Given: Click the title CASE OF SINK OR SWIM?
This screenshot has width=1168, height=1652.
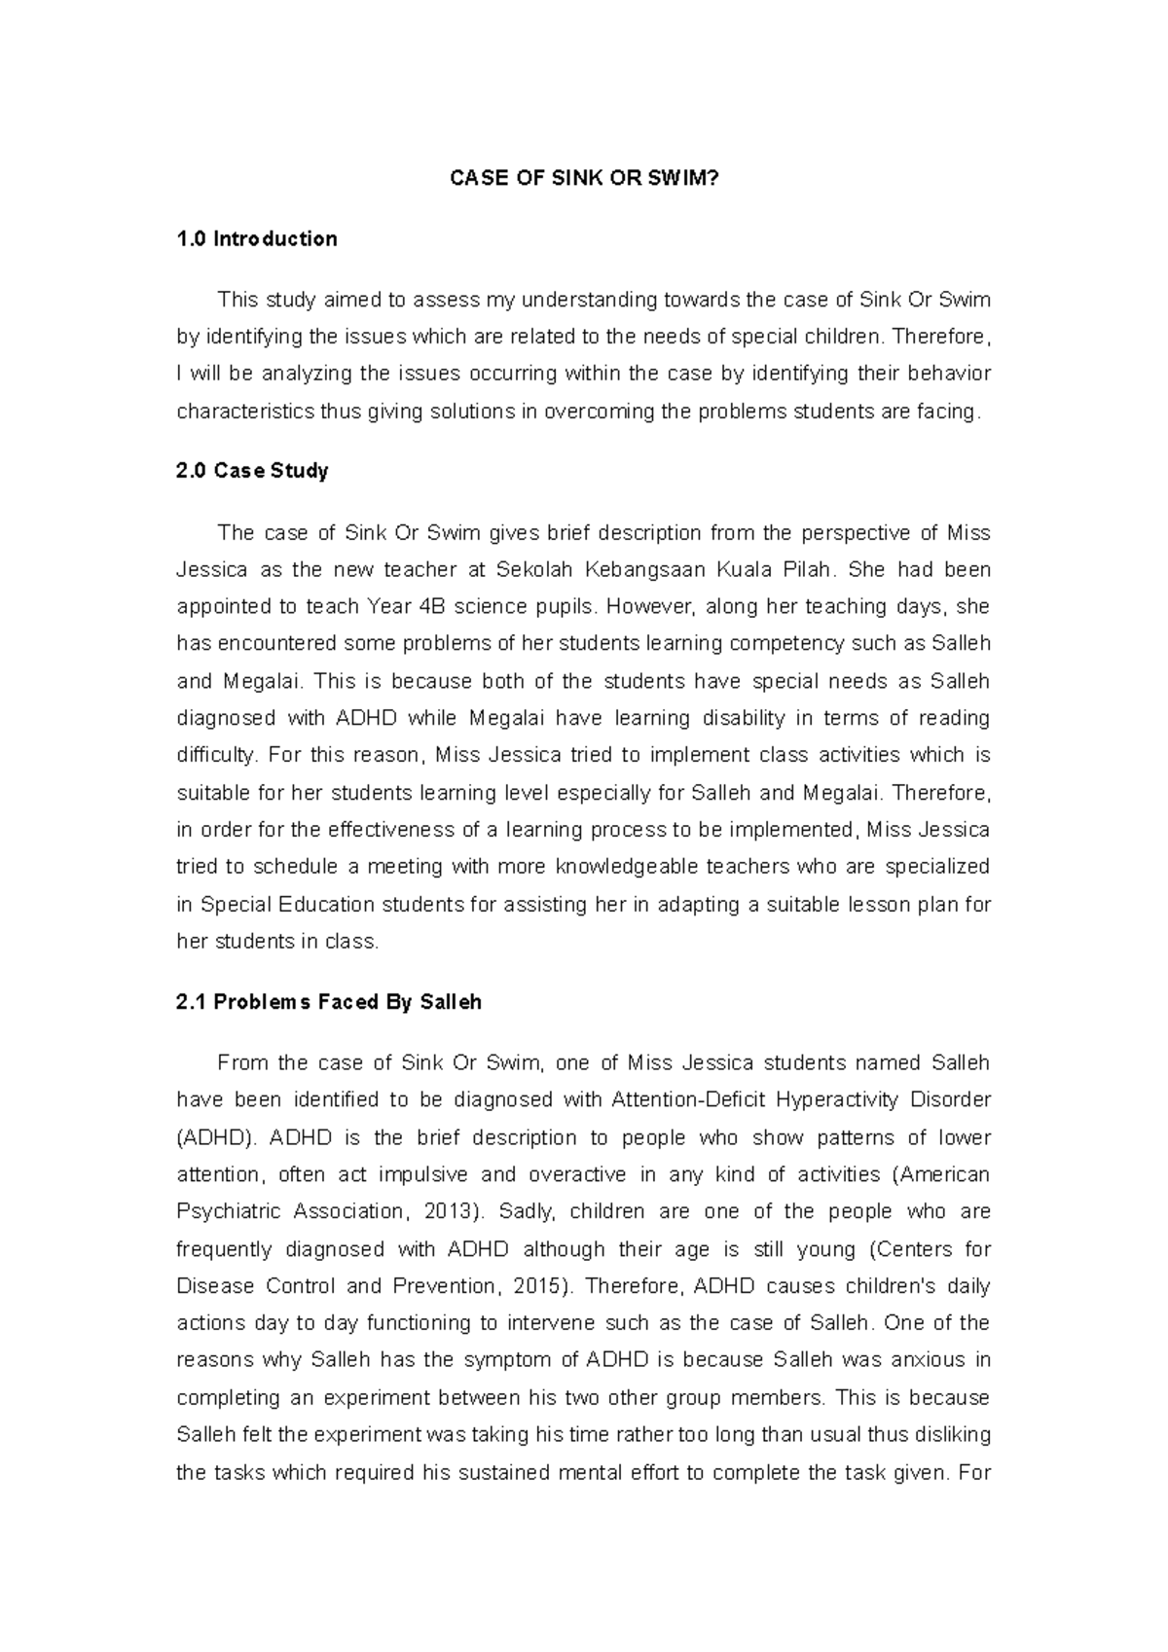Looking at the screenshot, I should click(x=583, y=179).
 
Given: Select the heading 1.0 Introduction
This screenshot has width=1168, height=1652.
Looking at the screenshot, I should click(x=257, y=239).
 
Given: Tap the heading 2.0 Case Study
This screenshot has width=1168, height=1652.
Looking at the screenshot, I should click(x=252, y=471).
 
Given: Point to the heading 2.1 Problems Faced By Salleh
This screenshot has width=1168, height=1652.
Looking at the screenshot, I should click(x=329, y=1002).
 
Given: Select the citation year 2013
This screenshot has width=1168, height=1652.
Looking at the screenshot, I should click(x=450, y=1212).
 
